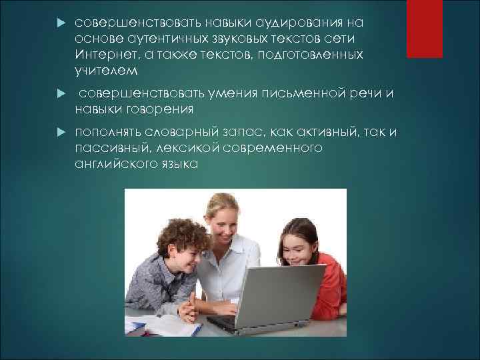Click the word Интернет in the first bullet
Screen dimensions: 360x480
click(x=104, y=53)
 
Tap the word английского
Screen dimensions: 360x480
click(x=113, y=164)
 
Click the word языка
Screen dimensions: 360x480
click(x=177, y=164)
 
